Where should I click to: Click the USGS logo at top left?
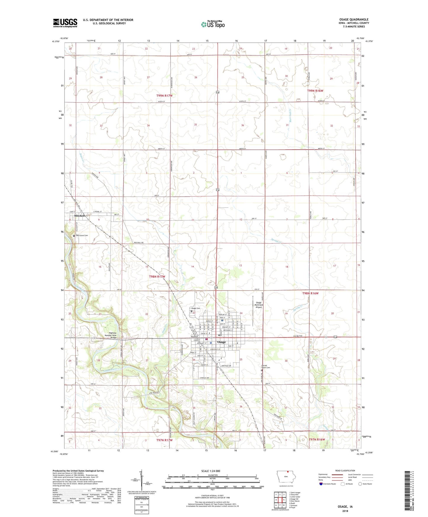(x=65, y=23)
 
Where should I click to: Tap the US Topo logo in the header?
(x=213, y=24)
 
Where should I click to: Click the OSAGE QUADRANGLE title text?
(x=354, y=20)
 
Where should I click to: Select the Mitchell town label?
(x=79, y=216)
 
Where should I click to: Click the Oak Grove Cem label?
(x=82, y=235)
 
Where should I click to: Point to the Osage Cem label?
(x=196, y=308)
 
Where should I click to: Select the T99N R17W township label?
(x=164, y=96)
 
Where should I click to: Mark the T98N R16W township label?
(x=310, y=293)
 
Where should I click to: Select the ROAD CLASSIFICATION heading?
(x=345, y=471)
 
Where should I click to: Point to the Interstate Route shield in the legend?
(x=321, y=484)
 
